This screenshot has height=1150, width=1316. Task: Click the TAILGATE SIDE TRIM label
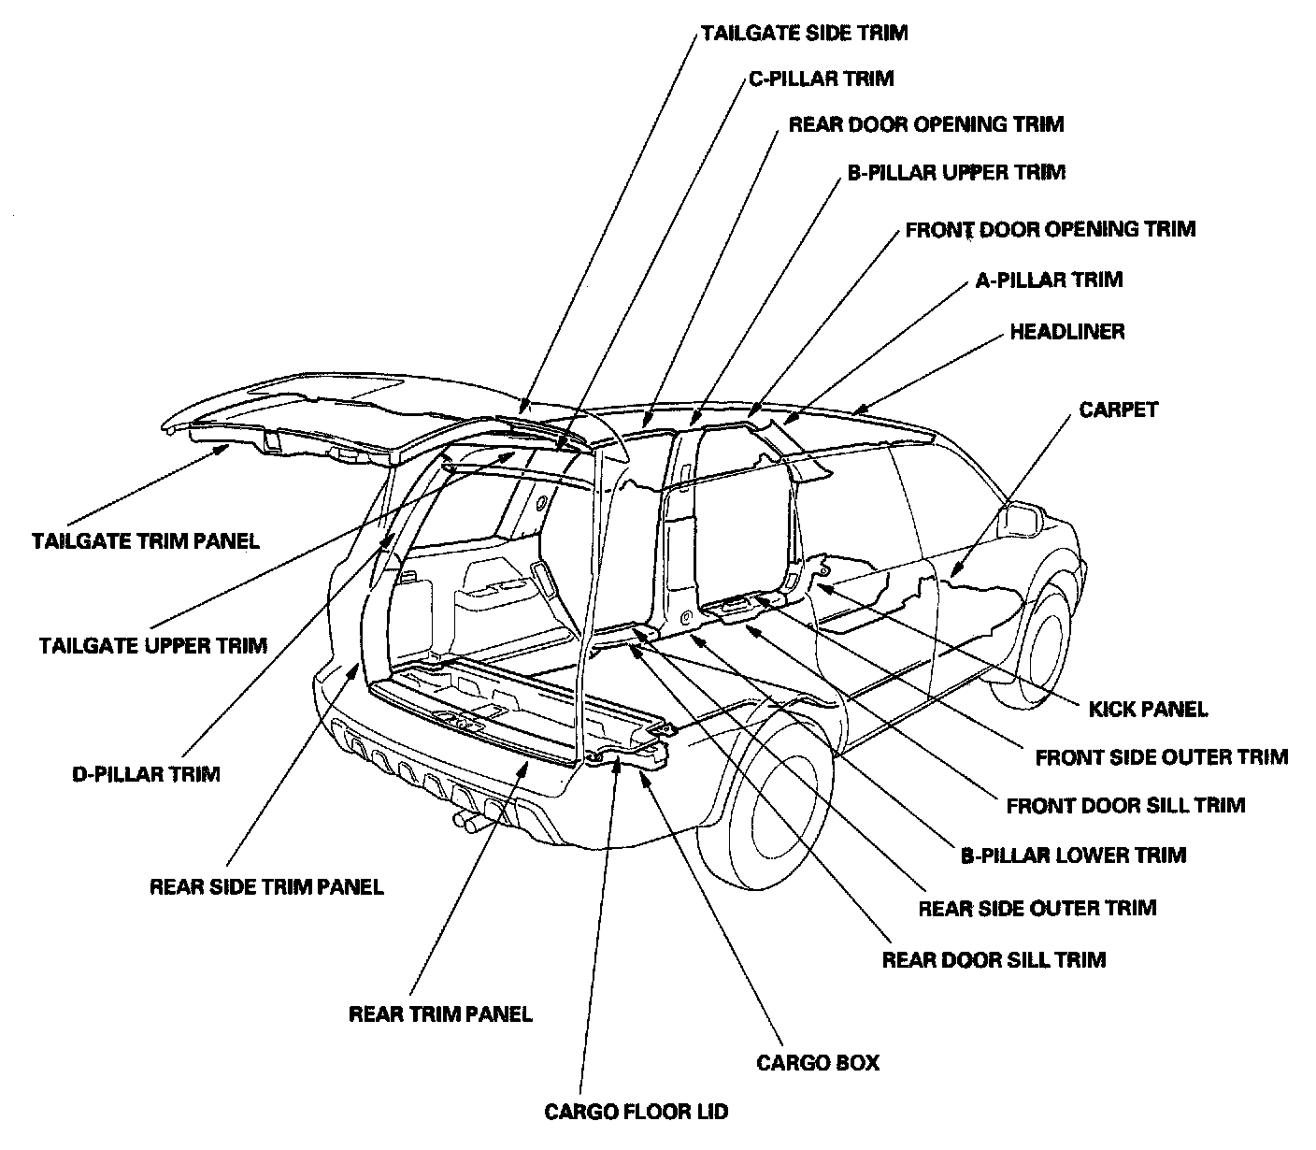tap(804, 33)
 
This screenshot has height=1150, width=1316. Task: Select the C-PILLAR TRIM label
tap(821, 79)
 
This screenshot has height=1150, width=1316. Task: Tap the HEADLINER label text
tap(1066, 332)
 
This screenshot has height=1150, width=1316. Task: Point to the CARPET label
tap(1118, 410)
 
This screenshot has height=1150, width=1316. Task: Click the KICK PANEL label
tap(1148, 709)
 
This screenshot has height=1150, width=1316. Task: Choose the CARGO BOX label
tap(818, 1063)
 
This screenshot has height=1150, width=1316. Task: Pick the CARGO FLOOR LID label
tap(636, 1112)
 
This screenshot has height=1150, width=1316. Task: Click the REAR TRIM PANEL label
tap(439, 1014)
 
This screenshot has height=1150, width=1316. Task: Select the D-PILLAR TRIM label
tap(145, 774)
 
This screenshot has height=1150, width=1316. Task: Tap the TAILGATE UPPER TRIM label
tap(153, 645)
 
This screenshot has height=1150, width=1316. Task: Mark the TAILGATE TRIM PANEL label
tap(145, 541)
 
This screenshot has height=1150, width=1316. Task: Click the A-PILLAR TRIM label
tap(1049, 280)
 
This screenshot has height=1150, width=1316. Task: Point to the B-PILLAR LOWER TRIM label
tap(1073, 855)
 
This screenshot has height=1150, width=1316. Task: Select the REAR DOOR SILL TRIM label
tap(994, 960)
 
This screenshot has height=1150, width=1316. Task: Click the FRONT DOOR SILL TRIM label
tap(1125, 805)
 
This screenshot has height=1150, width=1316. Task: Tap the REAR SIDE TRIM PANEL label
tap(266, 886)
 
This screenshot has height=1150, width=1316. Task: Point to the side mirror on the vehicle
tap(1023, 517)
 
